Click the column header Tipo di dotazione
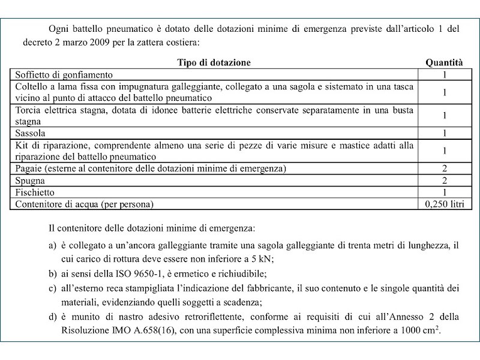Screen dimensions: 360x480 point(214,62)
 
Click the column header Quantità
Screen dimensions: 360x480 point(444,62)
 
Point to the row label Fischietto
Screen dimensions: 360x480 point(34,192)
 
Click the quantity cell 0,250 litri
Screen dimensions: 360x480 point(445,204)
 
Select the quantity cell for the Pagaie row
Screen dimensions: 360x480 point(445,168)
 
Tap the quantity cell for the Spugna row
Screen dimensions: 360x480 point(445,180)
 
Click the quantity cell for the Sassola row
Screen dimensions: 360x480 point(445,133)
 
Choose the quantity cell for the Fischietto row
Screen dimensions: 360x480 point(445,192)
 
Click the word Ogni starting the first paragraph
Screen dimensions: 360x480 point(60,29)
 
